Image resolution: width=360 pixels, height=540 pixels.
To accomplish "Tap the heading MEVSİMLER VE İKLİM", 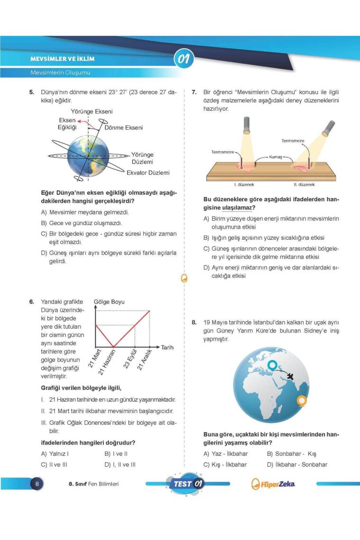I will click(63, 59).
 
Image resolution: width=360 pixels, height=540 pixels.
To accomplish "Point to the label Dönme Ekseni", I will click(124, 128).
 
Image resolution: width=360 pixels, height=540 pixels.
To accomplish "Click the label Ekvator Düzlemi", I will click(148, 173).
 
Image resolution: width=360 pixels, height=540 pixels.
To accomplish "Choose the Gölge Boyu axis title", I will click(109, 302).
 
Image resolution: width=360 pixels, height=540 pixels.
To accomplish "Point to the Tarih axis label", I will click(167, 347).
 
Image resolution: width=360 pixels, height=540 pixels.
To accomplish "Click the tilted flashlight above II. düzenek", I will click(327, 129).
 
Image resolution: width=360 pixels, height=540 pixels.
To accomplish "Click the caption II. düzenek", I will click(304, 185).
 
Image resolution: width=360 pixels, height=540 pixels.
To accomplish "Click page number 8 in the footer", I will click(37, 484).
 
